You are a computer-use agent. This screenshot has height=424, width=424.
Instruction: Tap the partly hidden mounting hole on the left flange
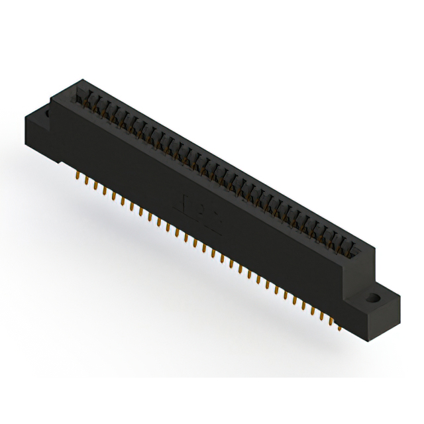[x=47, y=115]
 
